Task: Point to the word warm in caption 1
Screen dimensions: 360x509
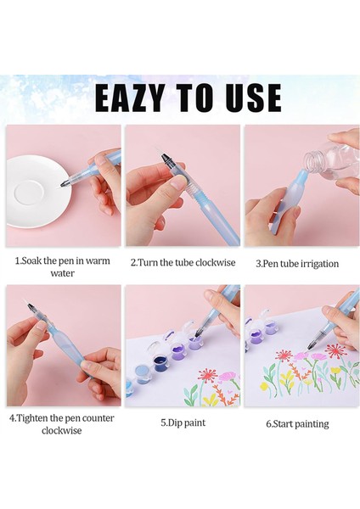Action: (x=96, y=260)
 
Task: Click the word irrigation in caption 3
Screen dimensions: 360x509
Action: (x=319, y=264)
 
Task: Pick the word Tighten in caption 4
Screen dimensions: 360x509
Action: (x=33, y=418)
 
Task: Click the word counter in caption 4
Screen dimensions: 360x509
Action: (x=98, y=418)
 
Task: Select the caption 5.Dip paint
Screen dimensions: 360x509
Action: (x=183, y=423)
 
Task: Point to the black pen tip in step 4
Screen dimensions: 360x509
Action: (x=31, y=307)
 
